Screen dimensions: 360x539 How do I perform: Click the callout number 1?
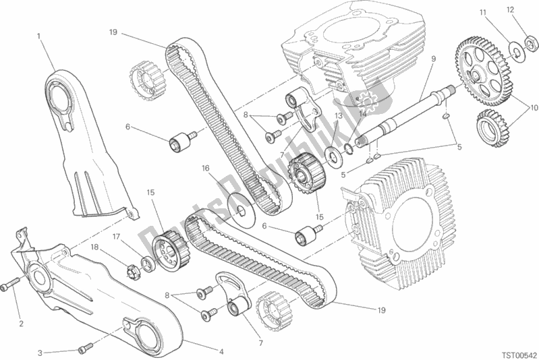[39, 35]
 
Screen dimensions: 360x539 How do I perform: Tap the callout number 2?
[21, 324]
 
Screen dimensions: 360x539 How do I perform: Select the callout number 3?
[40, 352]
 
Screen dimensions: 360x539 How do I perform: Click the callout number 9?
[433, 59]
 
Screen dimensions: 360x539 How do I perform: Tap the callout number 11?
[483, 13]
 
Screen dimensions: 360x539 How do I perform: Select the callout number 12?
[511, 9]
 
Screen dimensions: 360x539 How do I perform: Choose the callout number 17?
[116, 237]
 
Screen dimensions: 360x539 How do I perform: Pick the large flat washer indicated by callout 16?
[239, 209]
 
